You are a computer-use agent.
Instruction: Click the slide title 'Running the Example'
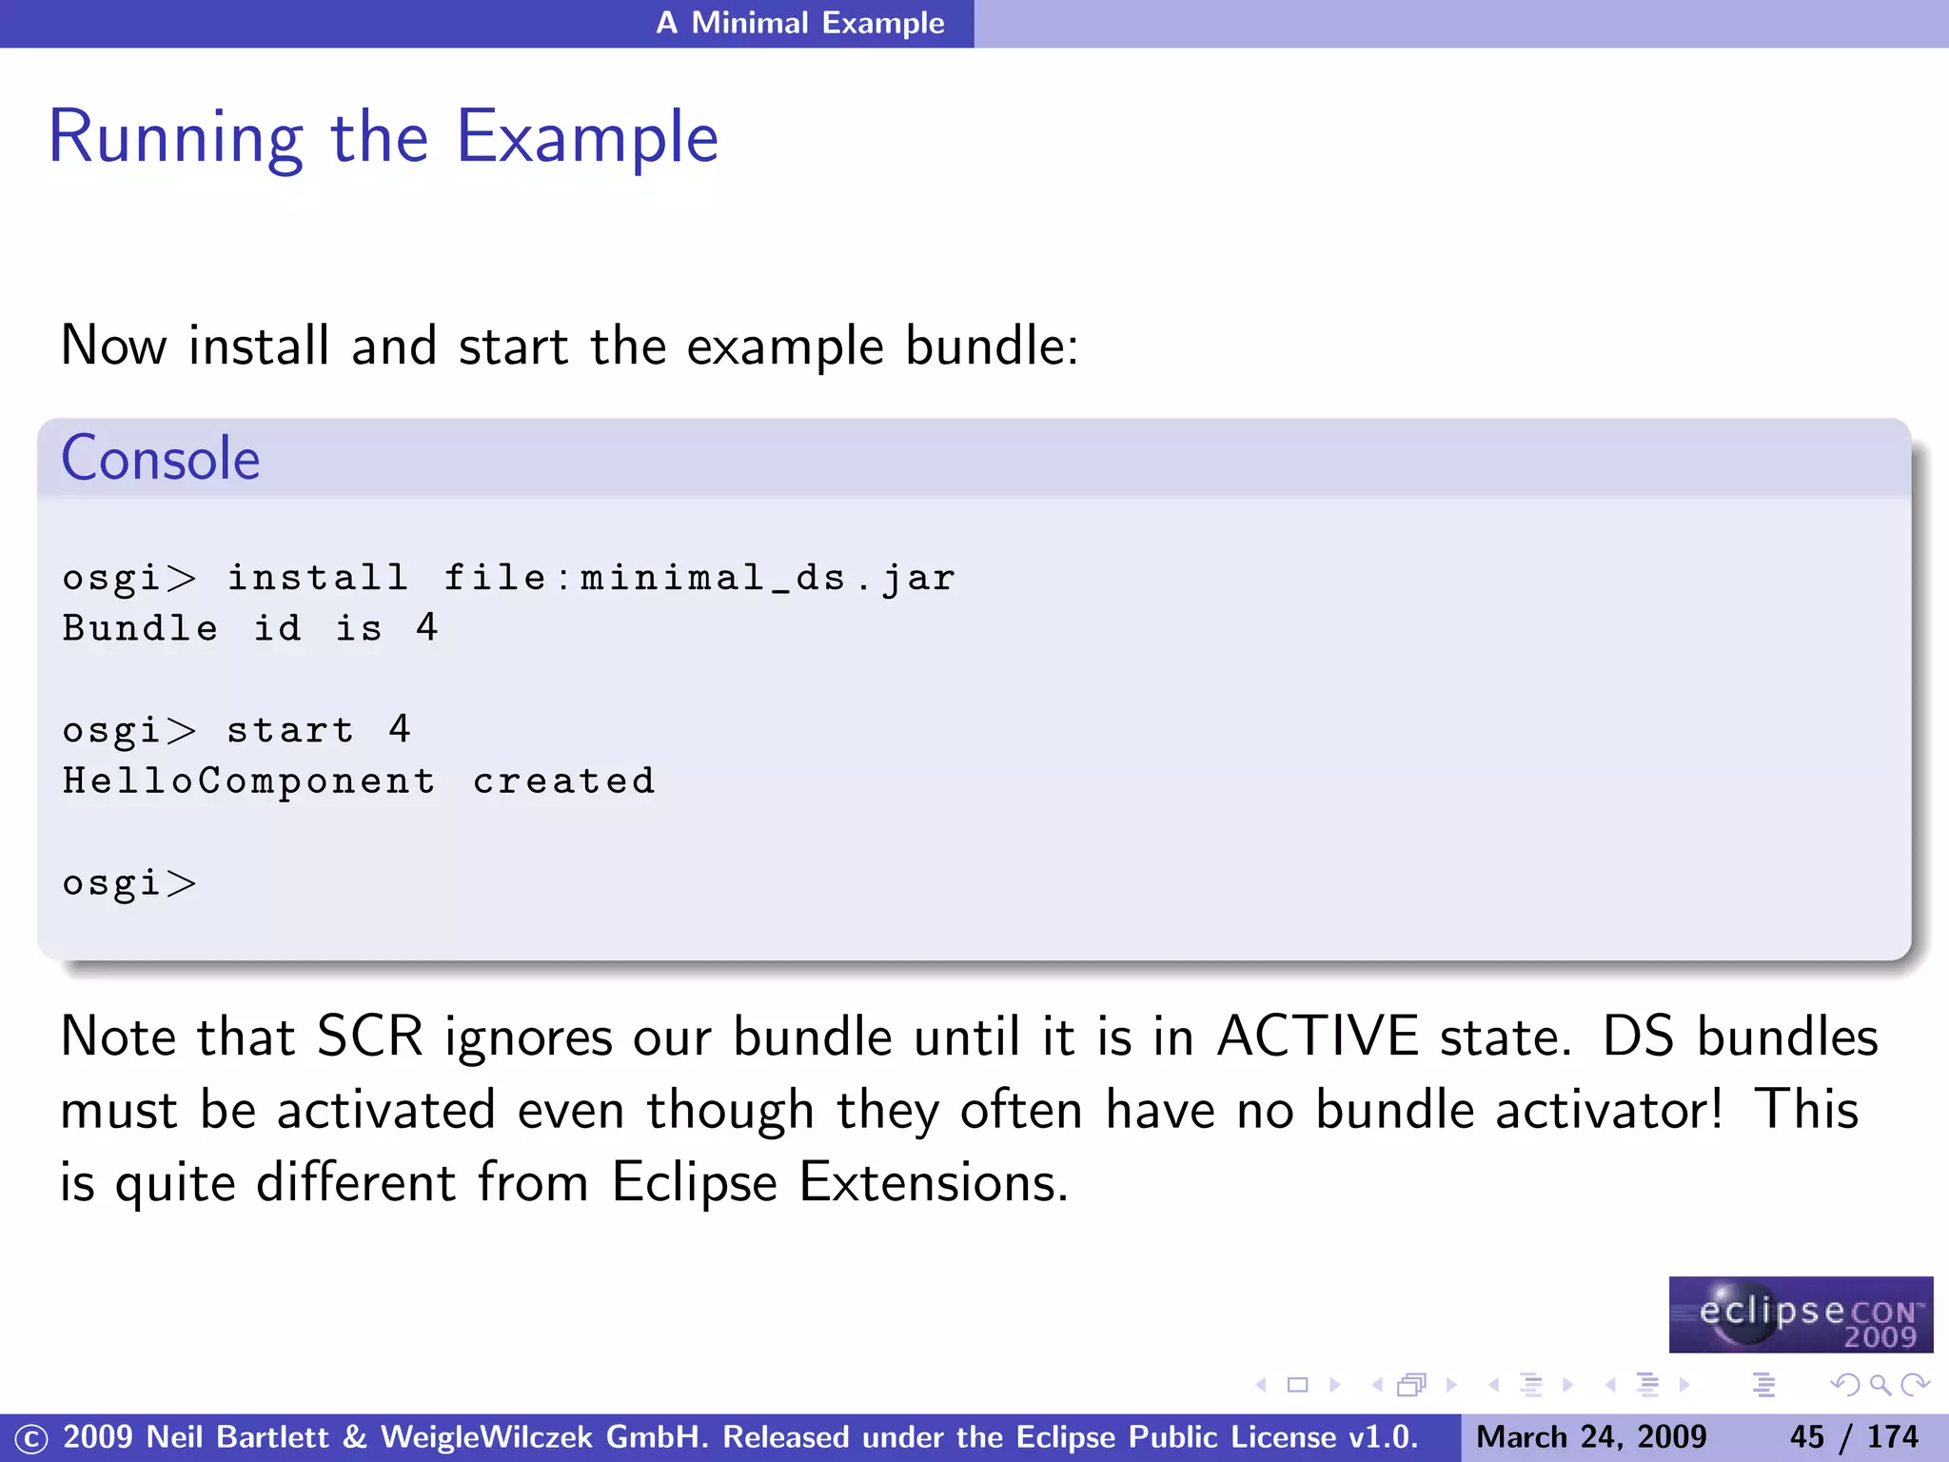click(x=383, y=138)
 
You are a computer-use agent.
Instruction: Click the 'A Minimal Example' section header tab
click(x=799, y=23)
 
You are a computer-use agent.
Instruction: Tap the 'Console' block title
click(x=160, y=459)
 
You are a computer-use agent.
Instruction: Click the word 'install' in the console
click(x=317, y=578)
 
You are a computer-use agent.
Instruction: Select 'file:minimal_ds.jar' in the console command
click(x=699, y=578)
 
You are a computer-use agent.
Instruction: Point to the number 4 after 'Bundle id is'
click(x=426, y=628)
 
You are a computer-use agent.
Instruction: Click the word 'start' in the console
click(x=290, y=731)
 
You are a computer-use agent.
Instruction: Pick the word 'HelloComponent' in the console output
click(x=249, y=781)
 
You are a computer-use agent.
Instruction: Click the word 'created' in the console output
click(x=564, y=781)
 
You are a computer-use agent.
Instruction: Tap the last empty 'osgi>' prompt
click(x=128, y=883)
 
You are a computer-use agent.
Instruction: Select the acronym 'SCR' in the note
click(x=369, y=1037)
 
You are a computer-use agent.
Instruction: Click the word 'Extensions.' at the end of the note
click(x=934, y=1183)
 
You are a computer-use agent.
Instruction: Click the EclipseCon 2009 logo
click(x=1801, y=1315)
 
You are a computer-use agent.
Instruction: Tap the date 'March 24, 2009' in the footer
click(x=1591, y=1437)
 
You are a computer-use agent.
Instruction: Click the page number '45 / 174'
click(x=1853, y=1437)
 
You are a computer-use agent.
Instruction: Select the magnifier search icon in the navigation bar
click(x=1880, y=1385)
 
